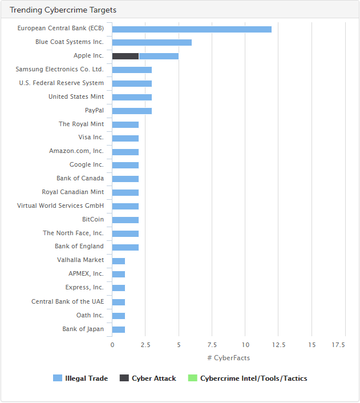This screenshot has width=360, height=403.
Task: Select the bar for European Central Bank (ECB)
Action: coord(192,29)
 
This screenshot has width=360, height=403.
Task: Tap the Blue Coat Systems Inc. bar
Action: coord(152,42)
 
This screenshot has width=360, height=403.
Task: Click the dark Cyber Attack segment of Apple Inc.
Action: coord(126,56)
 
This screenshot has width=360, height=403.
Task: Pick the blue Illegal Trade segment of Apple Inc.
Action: coord(159,56)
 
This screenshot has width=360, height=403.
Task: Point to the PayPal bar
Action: coord(132,111)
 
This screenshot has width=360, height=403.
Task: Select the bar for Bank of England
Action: coord(126,247)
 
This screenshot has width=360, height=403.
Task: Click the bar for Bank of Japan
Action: coord(119,329)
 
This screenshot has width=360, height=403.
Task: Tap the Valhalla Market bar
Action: coord(119,261)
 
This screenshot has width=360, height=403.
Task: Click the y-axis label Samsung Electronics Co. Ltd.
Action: coord(60,69)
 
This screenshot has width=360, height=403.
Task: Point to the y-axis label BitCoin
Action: coord(93,219)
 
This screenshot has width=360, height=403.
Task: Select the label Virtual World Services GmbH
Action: coord(60,205)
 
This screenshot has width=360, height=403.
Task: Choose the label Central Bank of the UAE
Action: coord(67,301)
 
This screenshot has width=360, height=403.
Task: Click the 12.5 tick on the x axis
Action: coord(278,345)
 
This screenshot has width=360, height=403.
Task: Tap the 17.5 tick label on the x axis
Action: coord(338,345)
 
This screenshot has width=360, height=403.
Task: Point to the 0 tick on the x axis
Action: coord(112,345)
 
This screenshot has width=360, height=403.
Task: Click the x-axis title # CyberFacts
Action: coord(228,358)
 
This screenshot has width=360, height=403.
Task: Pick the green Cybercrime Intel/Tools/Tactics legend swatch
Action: coord(192,378)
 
